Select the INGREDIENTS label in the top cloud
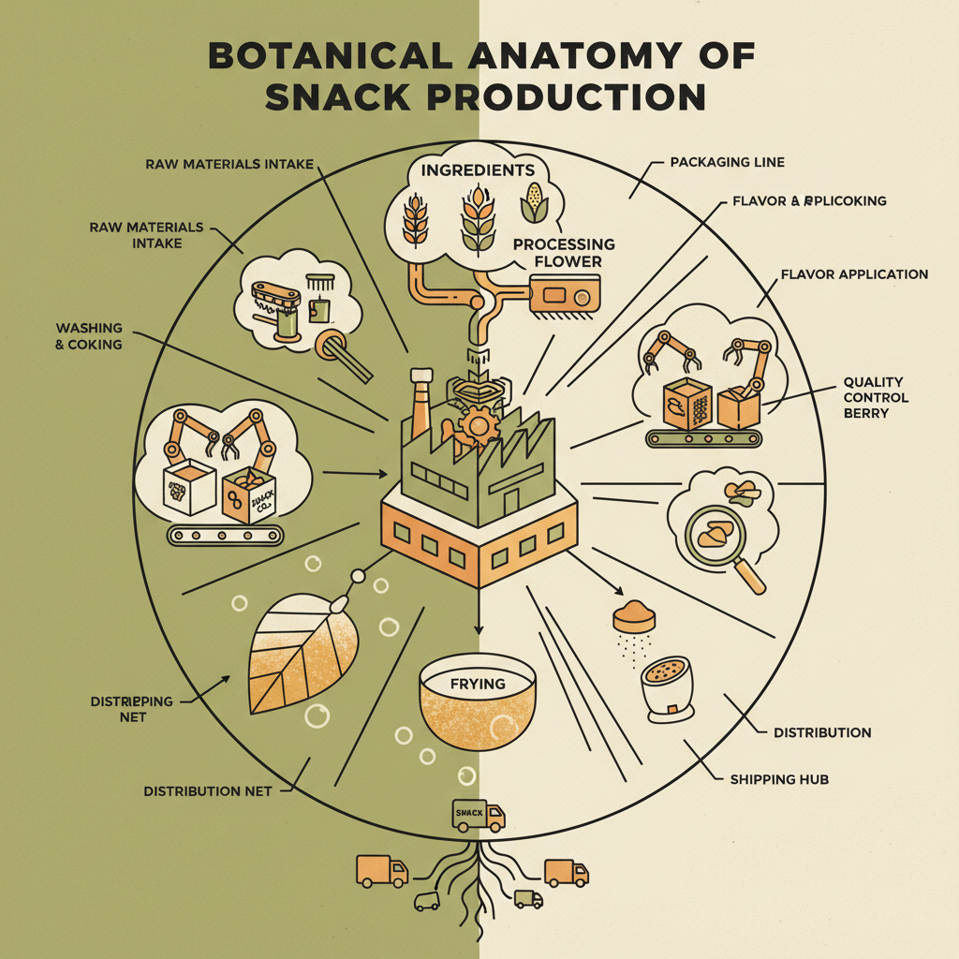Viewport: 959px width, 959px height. (x=478, y=170)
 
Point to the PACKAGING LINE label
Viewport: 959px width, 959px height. (x=727, y=162)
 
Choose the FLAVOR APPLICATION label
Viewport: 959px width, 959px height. (x=853, y=274)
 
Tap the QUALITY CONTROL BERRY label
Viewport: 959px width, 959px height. (x=873, y=397)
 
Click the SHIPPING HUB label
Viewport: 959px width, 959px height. (x=778, y=778)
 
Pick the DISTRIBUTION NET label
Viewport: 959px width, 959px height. (x=207, y=791)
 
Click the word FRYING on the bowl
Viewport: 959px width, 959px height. (x=477, y=684)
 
